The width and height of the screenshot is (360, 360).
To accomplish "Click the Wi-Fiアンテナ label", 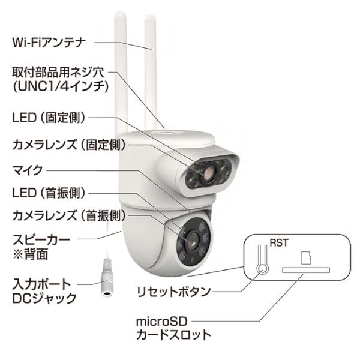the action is [49, 43].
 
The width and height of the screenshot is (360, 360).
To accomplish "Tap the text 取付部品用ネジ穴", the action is [58, 73].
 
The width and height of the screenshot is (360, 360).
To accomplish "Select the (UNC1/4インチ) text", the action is [61, 87].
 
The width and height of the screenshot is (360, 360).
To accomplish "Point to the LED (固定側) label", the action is [49, 118].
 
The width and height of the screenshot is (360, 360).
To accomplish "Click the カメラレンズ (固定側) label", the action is [69, 145].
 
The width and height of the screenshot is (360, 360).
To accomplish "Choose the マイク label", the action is [28, 170].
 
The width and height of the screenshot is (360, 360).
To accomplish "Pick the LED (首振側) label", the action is [49, 193].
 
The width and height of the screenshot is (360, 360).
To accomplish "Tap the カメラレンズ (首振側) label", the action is [69, 215].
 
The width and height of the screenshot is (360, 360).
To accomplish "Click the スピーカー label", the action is [41, 239].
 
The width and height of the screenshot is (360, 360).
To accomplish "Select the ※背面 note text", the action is [31, 254].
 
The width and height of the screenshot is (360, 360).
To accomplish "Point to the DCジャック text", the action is [44, 298].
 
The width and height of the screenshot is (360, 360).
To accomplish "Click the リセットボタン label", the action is [174, 292].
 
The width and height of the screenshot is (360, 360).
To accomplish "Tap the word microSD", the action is [161, 322].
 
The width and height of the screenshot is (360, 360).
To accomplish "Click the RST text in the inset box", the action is [279, 243].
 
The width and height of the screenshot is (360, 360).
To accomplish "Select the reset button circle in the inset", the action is [262, 269].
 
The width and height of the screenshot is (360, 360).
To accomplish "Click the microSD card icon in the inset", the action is [306, 258].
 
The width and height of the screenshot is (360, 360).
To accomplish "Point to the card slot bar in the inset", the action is [306, 270].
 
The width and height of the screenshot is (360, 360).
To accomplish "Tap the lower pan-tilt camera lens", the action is [193, 241].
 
